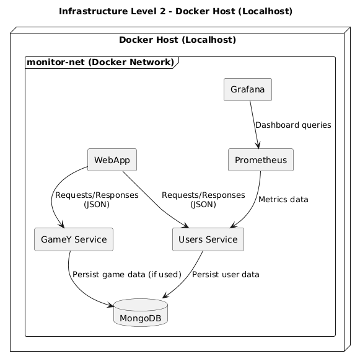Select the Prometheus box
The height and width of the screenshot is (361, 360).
(260, 160)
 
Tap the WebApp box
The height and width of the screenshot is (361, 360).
(112, 160)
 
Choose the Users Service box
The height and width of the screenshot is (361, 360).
(208, 239)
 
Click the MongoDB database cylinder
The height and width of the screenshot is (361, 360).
(141, 315)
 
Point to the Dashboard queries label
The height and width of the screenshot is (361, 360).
(292, 125)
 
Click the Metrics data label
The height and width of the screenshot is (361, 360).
(283, 200)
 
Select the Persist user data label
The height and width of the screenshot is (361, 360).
(226, 274)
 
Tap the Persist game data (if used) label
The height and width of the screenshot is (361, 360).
(126, 274)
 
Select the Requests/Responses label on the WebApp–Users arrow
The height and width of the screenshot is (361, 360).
(203, 200)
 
